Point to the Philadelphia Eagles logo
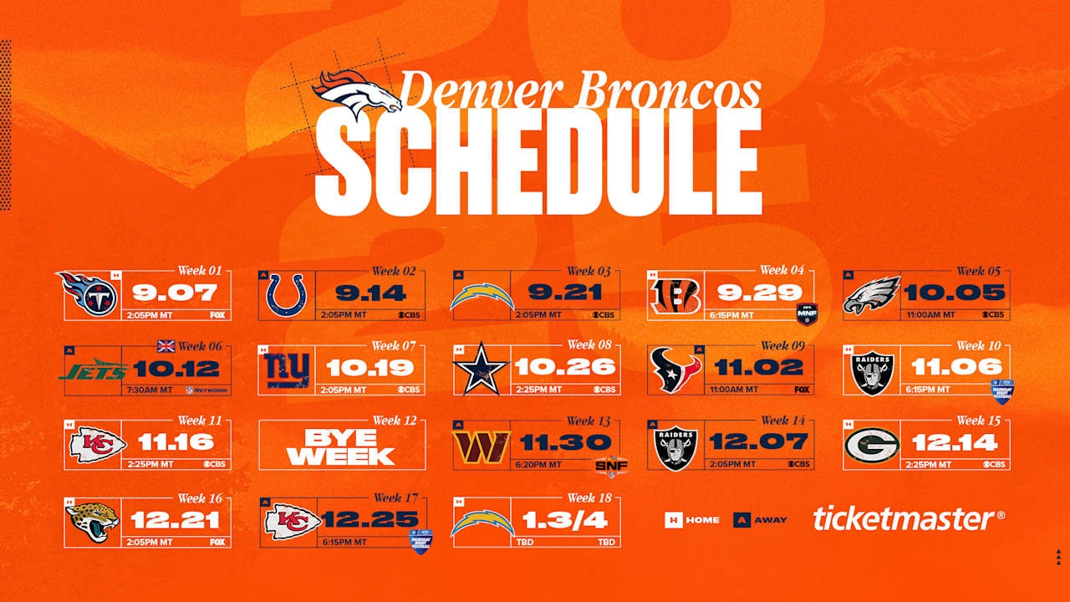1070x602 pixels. (871, 295)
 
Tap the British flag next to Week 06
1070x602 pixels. (166, 346)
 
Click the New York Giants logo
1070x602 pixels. (287, 370)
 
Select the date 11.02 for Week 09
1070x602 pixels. (759, 368)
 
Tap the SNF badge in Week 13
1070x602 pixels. (611, 466)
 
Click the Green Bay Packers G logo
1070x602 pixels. (871, 444)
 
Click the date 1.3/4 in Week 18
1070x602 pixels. (565, 520)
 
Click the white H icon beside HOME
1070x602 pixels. (673, 520)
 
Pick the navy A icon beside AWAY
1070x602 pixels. (741, 520)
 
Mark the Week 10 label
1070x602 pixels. (981, 345)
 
